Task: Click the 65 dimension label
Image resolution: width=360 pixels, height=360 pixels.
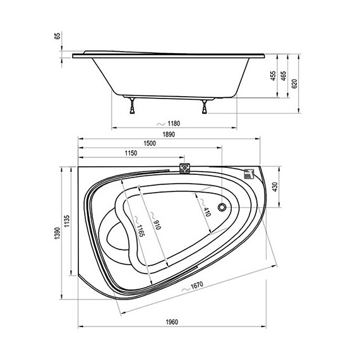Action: (x=57, y=36)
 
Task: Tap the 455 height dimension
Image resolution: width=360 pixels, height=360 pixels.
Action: (x=273, y=76)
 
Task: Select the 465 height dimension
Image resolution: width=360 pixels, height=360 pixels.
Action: (x=284, y=76)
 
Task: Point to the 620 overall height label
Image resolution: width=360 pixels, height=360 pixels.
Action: (x=294, y=83)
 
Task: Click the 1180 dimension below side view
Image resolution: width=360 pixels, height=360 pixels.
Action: (x=174, y=124)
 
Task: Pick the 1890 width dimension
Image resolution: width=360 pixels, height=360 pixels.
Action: (x=169, y=135)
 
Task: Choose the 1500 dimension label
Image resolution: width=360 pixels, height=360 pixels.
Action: (x=150, y=143)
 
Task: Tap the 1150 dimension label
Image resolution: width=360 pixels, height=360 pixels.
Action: (x=131, y=153)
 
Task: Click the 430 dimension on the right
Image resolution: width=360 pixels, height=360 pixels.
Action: (x=275, y=187)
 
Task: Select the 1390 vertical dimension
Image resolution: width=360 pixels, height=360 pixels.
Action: (x=57, y=233)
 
